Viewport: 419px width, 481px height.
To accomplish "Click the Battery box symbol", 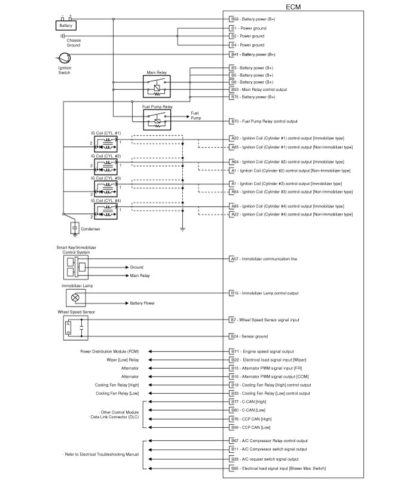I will point(65,26).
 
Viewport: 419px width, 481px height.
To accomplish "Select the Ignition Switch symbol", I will point(64,59).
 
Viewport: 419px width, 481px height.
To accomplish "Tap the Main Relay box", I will point(157,87).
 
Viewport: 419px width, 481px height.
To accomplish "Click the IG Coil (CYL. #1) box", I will point(105,144).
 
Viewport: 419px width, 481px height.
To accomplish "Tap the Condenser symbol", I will point(75,228).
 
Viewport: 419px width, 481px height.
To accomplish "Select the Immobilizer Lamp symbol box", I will point(75,297).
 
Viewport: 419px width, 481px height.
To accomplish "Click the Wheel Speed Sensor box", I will point(75,326).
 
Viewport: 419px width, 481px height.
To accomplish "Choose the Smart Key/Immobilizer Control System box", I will point(75,267).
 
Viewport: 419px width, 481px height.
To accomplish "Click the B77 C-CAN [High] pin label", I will point(249,403).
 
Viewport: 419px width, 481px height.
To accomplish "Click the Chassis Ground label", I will point(73,42).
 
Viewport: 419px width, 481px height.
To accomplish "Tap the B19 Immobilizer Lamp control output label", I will point(264,293).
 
